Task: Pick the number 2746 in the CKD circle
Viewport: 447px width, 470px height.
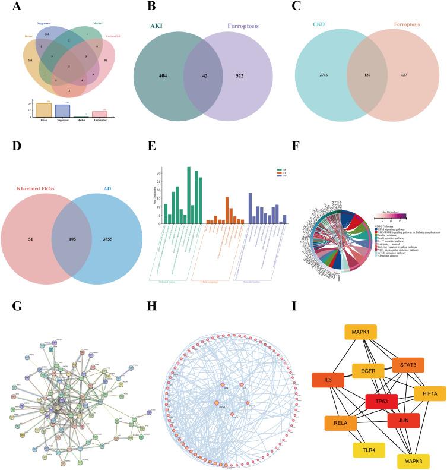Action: pyautogui.click(x=315, y=75)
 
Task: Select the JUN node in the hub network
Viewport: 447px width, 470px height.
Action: pyautogui.click(x=404, y=421)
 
